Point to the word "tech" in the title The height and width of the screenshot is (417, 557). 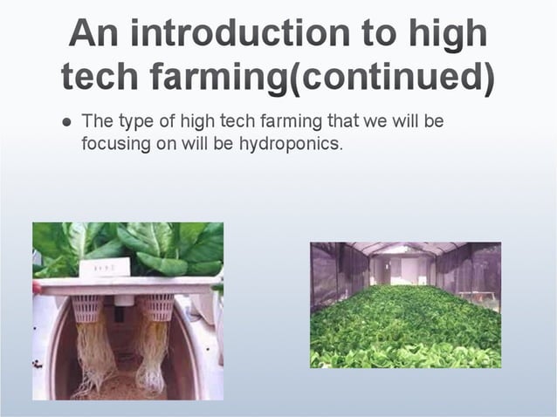click(x=99, y=78)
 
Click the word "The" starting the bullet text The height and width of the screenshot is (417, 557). click(x=96, y=121)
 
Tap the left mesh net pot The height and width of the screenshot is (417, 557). click(x=88, y=307)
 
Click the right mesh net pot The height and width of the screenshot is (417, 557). click(x=158, y=306)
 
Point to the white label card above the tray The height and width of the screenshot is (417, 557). click(x=104, y=268)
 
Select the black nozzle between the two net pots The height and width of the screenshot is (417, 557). click(x=123, y=300)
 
